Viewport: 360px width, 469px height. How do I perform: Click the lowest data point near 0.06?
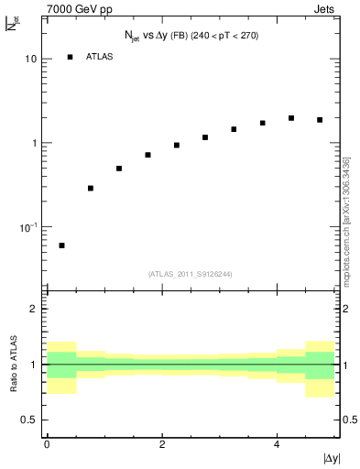(61, 245)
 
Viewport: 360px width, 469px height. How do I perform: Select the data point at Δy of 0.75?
(90, 188)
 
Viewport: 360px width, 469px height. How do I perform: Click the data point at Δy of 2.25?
(176, 145)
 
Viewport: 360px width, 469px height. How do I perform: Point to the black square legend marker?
(70, 57)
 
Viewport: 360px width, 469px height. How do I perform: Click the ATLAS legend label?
(99, 57)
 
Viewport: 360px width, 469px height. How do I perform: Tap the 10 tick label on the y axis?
(30, 60)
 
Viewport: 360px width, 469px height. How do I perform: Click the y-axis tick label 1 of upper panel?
(34, 144)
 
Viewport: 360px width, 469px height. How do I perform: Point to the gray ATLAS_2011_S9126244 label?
(191, 273)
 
